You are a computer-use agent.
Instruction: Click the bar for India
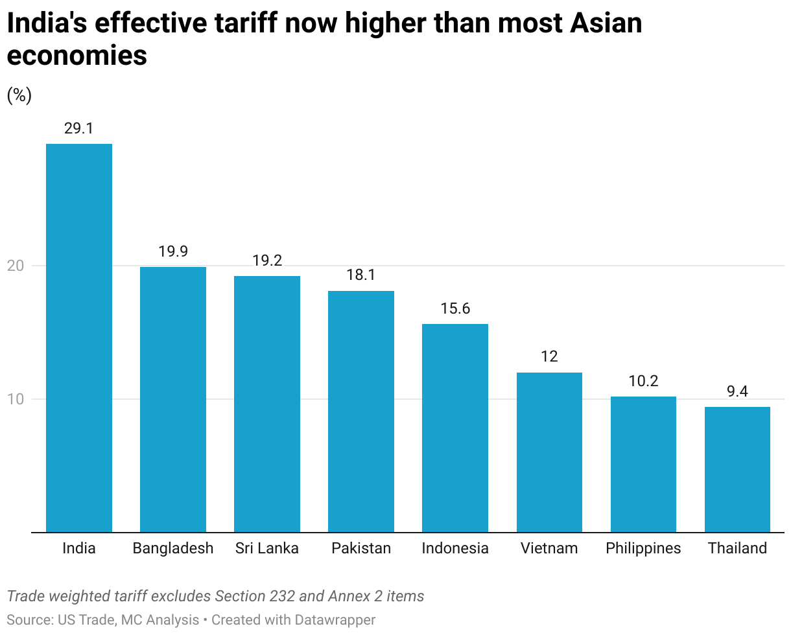(x=79, y=338)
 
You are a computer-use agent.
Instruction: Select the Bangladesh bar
(x=173, y=399)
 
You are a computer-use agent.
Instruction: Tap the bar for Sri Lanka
(x=267, y=404)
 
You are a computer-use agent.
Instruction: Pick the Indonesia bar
(x=455, y=428)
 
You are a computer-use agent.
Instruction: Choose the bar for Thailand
(x=737, y=469)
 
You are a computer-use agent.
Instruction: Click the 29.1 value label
(x=79, y=128)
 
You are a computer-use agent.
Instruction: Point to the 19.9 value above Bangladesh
(x=173, y=251)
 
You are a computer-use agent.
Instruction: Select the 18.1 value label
(x=361, y=275)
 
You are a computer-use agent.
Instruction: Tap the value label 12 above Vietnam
(x=549, y=357)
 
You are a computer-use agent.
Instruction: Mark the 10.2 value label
(x=643, y=381)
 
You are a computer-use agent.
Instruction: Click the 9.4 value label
(x=737, y=391)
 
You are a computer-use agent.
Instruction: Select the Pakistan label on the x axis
(x=361, y=548)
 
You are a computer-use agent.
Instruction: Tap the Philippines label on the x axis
(x=643, y=548)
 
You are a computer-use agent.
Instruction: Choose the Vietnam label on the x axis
(x=549, y=548)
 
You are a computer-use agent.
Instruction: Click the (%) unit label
(x=19, y=96)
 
